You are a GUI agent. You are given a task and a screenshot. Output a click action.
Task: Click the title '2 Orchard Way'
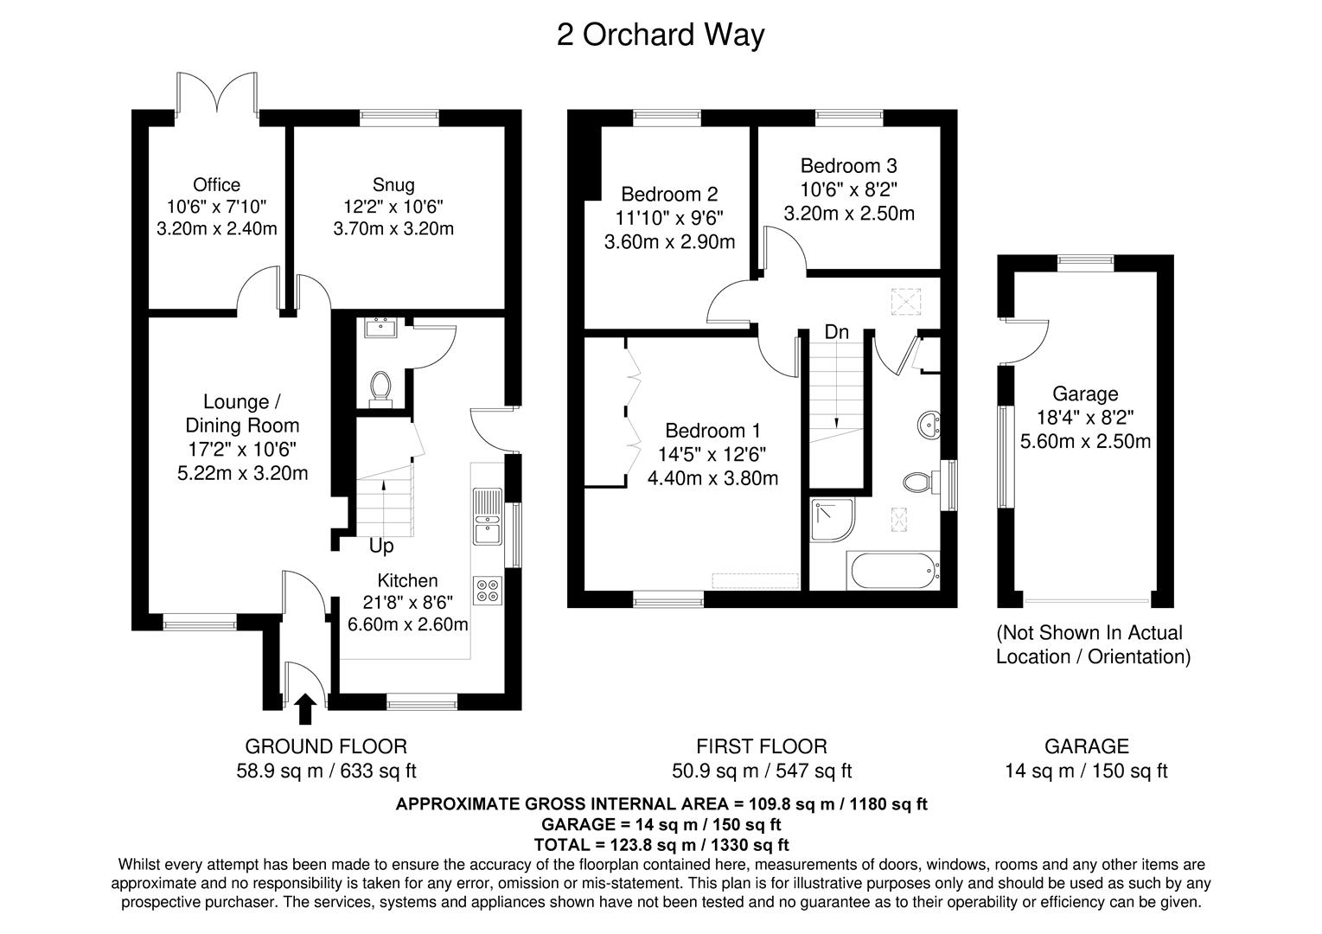(x=660, y=35)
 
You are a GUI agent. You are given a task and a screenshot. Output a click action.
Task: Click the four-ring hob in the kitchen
(x=487, y=590)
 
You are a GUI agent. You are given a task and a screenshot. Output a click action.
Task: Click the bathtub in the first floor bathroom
(x=896, y=572)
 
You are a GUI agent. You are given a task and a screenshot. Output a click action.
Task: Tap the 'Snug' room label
(x=393, y=185)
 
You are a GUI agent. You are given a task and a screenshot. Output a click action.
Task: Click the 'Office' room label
(x=216, y=185)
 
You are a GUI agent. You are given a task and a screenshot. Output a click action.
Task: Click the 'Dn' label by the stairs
(x=836, y=332)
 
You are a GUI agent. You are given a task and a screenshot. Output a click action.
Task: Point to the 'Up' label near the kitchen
(x=381, y=547)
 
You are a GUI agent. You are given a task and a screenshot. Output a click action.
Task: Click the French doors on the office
(x=217, y=93)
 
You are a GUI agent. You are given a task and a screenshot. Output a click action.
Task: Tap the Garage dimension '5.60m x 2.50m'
(x=1085, y=441)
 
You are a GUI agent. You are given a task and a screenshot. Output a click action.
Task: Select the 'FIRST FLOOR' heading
(x=762, y=746)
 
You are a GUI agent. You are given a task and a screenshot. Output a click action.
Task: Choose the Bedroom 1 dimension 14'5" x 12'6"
(x=712, y=454)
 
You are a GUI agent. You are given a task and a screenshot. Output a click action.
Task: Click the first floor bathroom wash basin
(x=930, y=425)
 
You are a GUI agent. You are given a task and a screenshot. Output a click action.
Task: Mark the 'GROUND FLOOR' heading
(x=326, y=746)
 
